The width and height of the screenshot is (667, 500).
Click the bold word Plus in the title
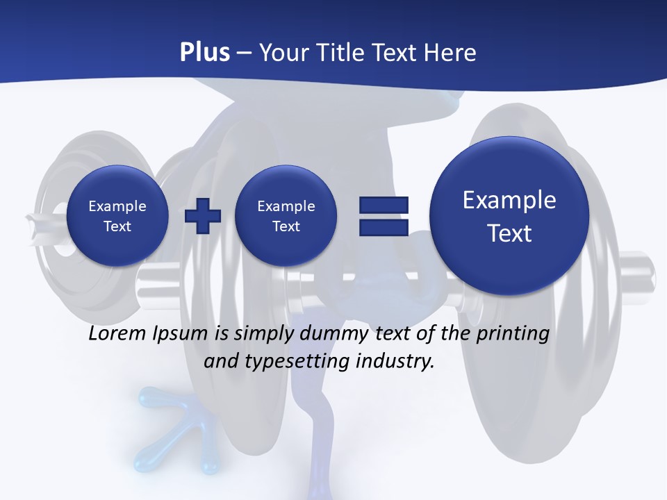coord(204,53)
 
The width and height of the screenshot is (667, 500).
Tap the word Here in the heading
coord(451,53)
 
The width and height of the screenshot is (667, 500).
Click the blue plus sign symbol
coord(203,215)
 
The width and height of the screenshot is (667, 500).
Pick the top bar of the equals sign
coord(384,205)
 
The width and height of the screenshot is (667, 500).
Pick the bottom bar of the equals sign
coord(384,227)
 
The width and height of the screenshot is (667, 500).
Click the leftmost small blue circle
coord(117,215)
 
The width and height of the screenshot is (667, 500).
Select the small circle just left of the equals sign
coord(286,215)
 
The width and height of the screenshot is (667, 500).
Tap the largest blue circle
coord(509,215)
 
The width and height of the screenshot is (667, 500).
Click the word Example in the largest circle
coord(509,200)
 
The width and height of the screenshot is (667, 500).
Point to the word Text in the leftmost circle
coord(117,226)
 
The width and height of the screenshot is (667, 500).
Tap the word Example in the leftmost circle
coord(117,206)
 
